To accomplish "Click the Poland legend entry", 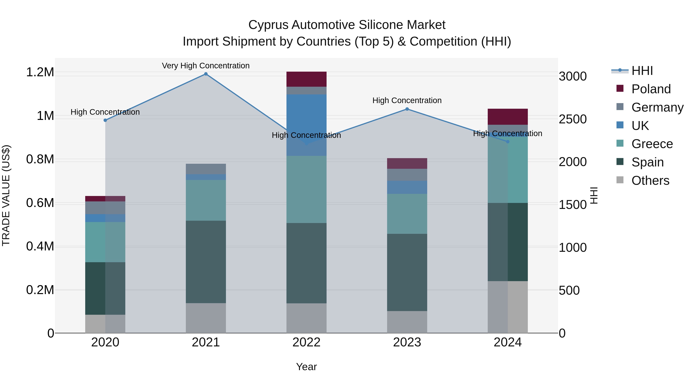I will pyautogui.click(x=651, y=89).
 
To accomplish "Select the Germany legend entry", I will pyautogui.click(x=657, y=107).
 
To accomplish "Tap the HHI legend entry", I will pyautogui.click(x=642, y=71).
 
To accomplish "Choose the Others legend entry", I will pyautogui.click(x=650, y=181).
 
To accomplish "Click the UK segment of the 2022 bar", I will pyautogui.click(x=306, y=125).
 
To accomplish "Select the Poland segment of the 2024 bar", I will pyautogui.click(x=508, y=117).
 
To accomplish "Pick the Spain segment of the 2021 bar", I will pyautogui.click(x=206, y=262).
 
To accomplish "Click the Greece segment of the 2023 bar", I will pyautogui.click(x=407, y=214).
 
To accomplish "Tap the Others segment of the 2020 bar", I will pyautogui.click(x=105, y=324).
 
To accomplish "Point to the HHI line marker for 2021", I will pyautogui.click(x=206, y=74).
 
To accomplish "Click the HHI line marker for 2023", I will pyautogui.click(x=407, y=109).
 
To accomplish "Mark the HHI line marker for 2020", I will pyautogui.click(x=105, y=120).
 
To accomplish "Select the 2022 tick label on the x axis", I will pyautogui.click(x=306, y=342).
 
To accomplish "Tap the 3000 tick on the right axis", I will pyautogui.click(x=573, y=76).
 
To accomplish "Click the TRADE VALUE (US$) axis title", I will pyautogui.click(x=6, y=195).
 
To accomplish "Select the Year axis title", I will pyautogui.click(x=306, y=367).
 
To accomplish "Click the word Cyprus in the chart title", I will pyautogui.click(x=268, y=25).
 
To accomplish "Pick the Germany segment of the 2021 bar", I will pyautogui.click(x=206, y=169).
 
